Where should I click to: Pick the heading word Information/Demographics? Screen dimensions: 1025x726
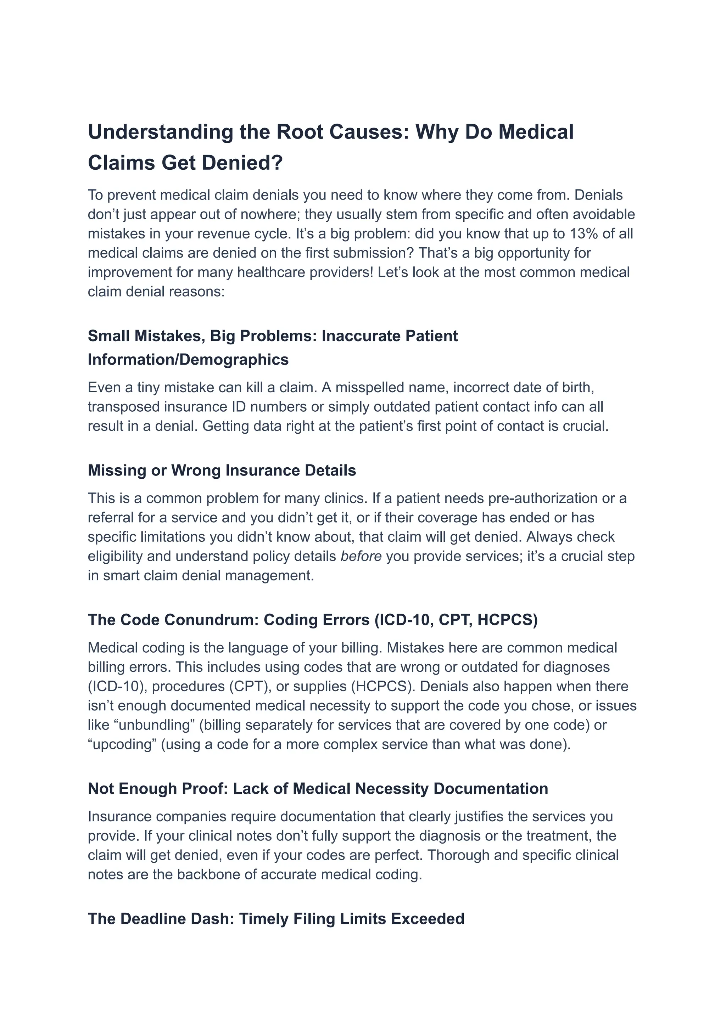pos(188,359)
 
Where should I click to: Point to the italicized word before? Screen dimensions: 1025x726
pos(361,556)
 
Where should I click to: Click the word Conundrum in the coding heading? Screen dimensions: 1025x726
pos(212,620)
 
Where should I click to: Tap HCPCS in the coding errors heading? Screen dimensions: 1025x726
pos(507,620)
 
